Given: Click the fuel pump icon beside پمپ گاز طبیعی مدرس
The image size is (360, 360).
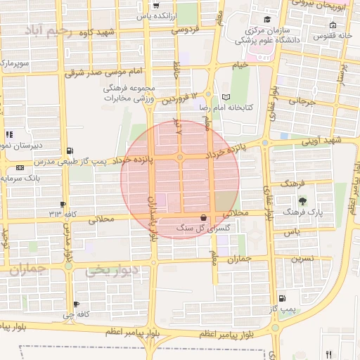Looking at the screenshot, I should pos(69,150).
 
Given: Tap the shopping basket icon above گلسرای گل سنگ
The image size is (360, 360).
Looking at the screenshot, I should pos(203,218).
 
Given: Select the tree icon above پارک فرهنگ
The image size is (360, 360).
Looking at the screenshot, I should pos(303,201).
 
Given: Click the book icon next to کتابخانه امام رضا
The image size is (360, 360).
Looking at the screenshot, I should pos(225,97).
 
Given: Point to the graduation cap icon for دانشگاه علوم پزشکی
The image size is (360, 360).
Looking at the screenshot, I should pos(266,19).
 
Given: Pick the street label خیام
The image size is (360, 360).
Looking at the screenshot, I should pos(240,65).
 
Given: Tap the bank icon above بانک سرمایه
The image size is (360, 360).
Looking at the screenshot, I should pos(19,167).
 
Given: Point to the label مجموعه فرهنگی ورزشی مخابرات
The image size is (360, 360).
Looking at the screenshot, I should pos(128,94).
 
